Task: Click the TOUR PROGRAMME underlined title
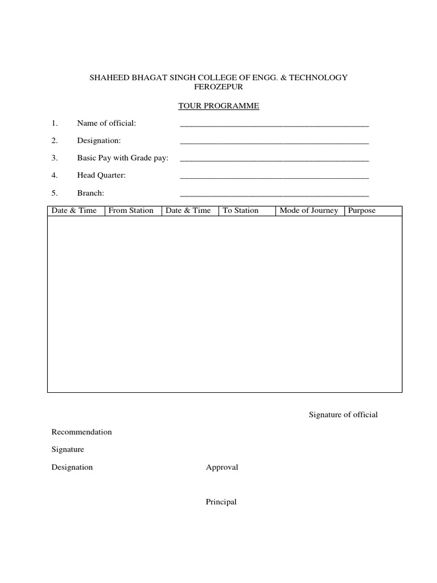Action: [x=218, y=106]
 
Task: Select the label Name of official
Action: [x=106, y=124]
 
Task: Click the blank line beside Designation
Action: [x=274, y=142]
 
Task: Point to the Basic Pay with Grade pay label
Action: [x=123, y=158]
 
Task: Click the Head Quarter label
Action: [x=101, y=175]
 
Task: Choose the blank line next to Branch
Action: [x=274, y=194]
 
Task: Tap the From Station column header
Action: [x=131, y=211]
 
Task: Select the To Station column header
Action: [x=241, y=211]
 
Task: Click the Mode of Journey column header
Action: [x=309, y=211]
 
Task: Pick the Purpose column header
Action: [x=362, y=211]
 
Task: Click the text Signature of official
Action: [x=343, y=414]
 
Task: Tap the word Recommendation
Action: [x=81, y=432]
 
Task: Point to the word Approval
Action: [x=222, y=467]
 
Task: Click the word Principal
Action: [x=221, y=502]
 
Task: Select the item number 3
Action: [x=55, y=158]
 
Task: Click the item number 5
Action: [x=55, y=193]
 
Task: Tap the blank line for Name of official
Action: [x=274, y=124]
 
